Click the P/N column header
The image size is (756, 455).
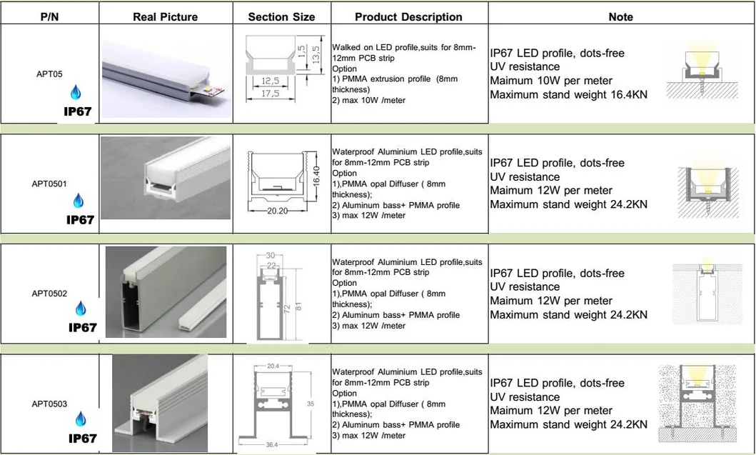coord(50,17)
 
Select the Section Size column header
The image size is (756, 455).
coord(281,17)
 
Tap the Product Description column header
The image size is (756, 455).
coord(408,17)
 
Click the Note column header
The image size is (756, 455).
coord(620,17)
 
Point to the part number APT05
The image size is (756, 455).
coord(50,74)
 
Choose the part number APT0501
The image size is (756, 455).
coord(49,184)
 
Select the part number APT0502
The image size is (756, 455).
coord(49,294)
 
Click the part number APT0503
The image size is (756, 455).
coord(49,404)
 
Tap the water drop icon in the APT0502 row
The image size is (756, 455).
coord(81,309)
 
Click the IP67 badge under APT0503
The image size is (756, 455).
coord(82,439)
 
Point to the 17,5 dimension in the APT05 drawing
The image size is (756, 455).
coord(270,93)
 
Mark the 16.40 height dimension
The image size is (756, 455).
coord(316,176)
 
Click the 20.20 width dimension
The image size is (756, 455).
coord(277,211)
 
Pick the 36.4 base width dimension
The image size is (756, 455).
coord(272,444)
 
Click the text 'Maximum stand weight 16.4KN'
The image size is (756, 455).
coord(569,94)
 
